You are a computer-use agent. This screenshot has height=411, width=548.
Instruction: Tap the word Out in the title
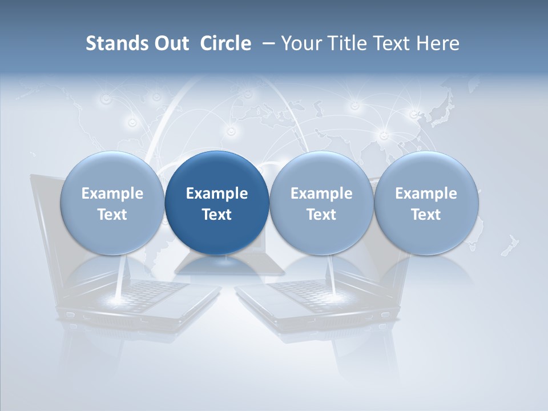tap(170, 43)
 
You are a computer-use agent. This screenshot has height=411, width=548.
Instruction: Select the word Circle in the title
tap(225, 43)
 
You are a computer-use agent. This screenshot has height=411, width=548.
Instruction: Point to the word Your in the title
tap(301, 43)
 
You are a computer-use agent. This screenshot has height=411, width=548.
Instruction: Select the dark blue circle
tap(217, 203)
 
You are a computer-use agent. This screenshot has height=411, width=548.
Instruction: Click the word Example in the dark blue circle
tap(217, 194)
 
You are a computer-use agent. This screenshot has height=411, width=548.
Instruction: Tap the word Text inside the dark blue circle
tap(217, 215)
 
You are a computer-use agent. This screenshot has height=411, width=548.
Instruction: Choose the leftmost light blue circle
tap(112, 203)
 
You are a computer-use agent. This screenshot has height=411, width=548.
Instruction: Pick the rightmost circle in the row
tap(426, 203)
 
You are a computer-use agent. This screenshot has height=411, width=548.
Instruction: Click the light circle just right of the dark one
tap(321, 203)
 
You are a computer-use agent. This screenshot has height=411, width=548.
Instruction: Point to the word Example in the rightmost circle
tap(426, 194)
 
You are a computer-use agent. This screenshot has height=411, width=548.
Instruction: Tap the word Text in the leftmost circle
tap(112, 215)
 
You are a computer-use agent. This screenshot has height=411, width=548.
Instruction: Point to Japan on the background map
tap(440, 114)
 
